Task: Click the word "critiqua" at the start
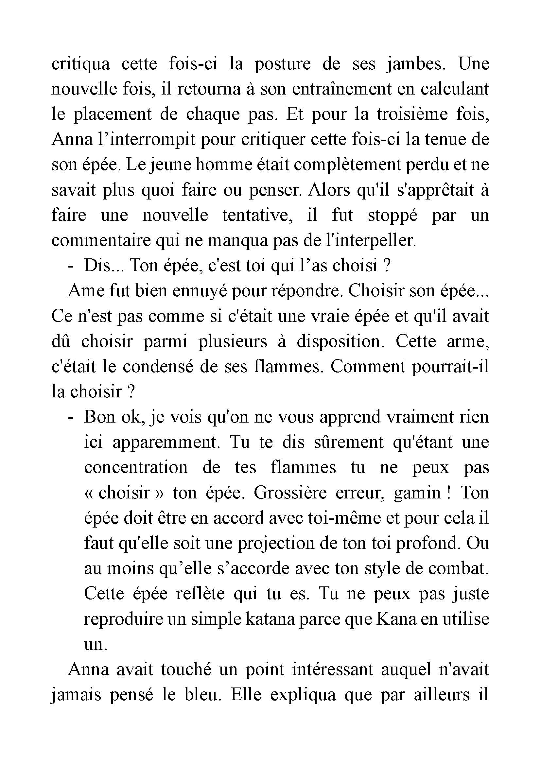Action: (80, 64)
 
